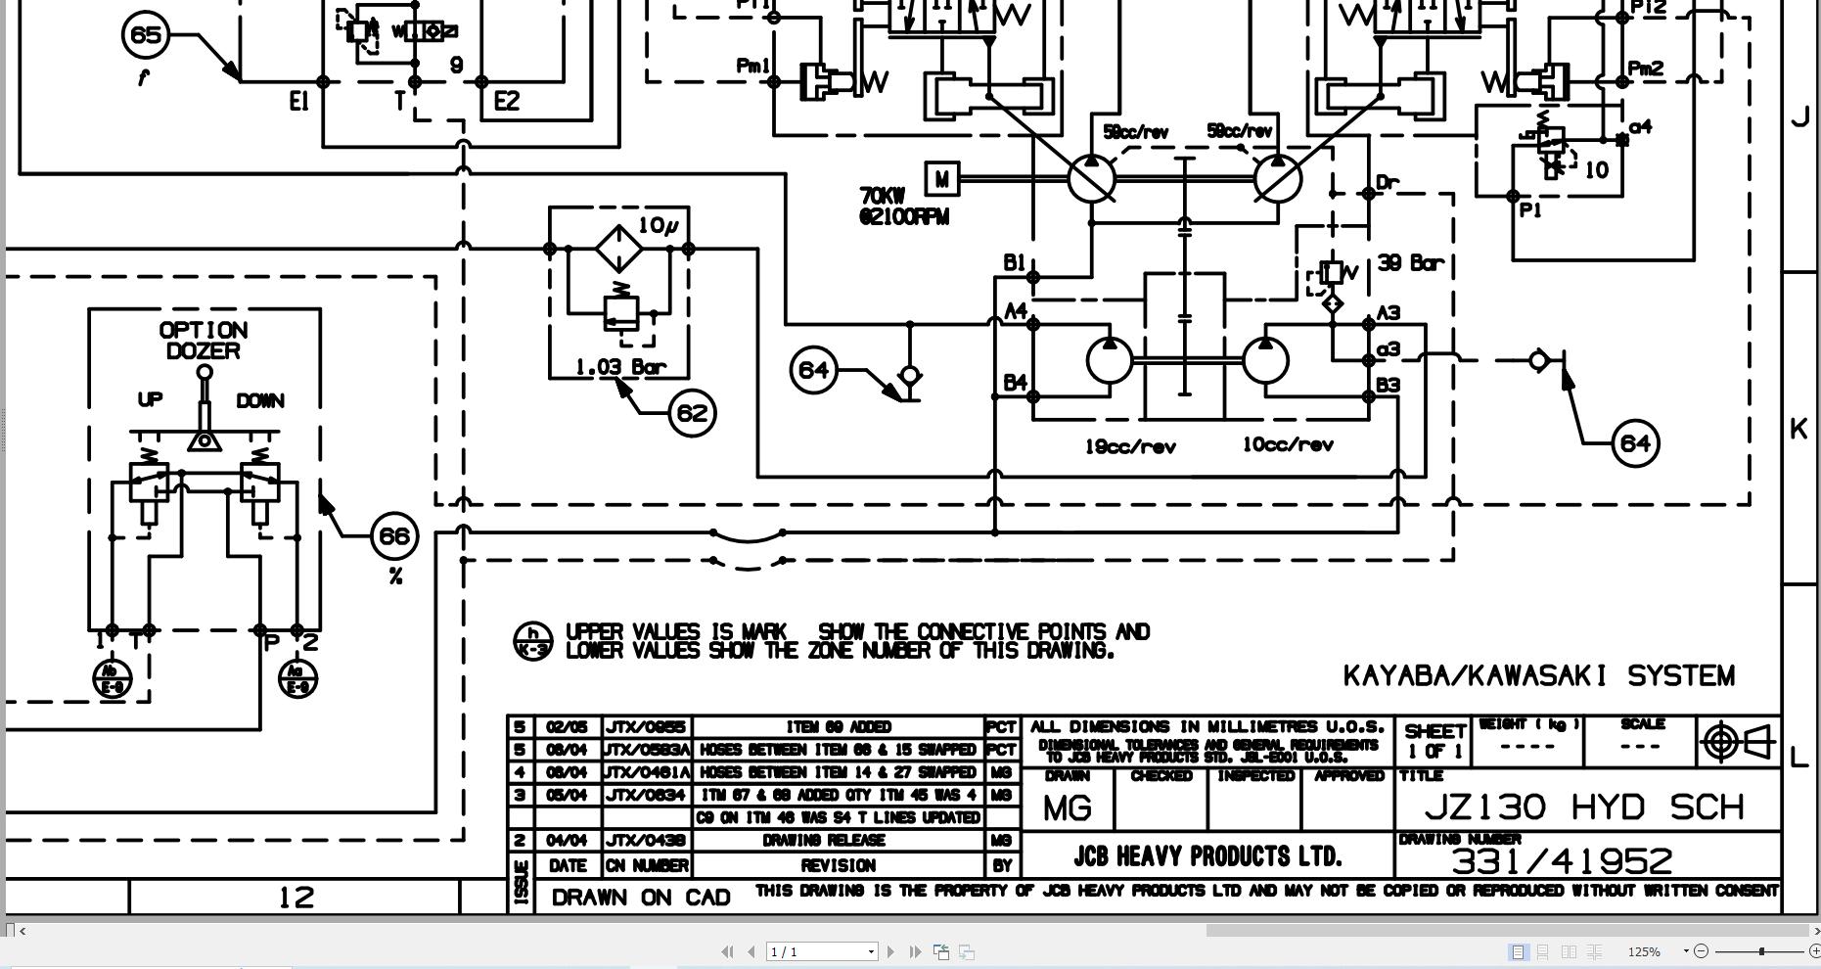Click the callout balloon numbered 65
click(145, 35)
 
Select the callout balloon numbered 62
click(692, 413)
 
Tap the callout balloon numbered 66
click(394, 536)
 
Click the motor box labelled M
click(941, 180)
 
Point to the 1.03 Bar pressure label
click(620, 368)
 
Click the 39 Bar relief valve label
click(1410, 263)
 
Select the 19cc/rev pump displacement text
click(1129, 447)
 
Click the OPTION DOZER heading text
click(204, 341)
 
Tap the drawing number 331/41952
click(1562, 861)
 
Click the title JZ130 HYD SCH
click(1585, 807)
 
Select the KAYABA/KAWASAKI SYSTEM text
click(1538, 676)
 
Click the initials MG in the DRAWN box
click(1067, 808)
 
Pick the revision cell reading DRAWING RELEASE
click(837, 841)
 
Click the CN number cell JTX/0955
click(646, 727)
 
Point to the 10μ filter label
click(658, 226)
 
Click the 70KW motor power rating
click(882, 196)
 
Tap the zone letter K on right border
click(1798, 429)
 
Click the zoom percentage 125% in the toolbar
click(1644, 951)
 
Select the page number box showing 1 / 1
click(821, 951)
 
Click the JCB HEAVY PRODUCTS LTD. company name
click(1206, 856)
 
